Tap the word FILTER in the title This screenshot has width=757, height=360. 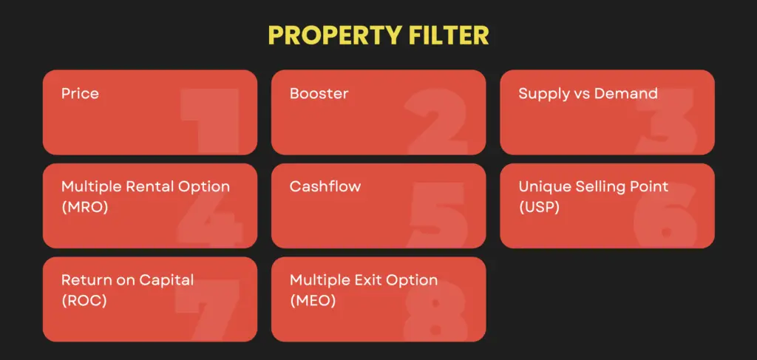click(451, 35)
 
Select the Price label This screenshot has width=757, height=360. click(80, 94)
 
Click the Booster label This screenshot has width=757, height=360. click(319, 94)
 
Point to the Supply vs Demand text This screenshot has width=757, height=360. click(588, 94)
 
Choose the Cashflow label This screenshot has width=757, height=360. click(325, 186)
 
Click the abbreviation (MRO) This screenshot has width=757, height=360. click(84, 207)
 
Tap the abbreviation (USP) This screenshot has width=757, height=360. click(539, 207)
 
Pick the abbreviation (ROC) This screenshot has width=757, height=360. click(84, 300)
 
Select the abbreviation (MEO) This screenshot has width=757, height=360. click(312, 300)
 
